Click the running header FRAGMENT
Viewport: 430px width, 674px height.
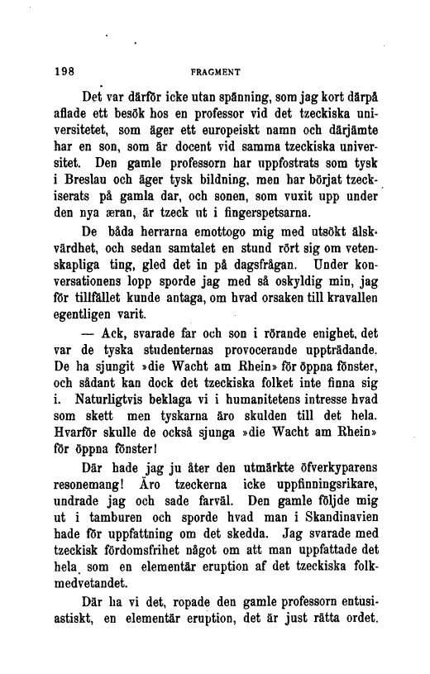(x=214, y=72)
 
